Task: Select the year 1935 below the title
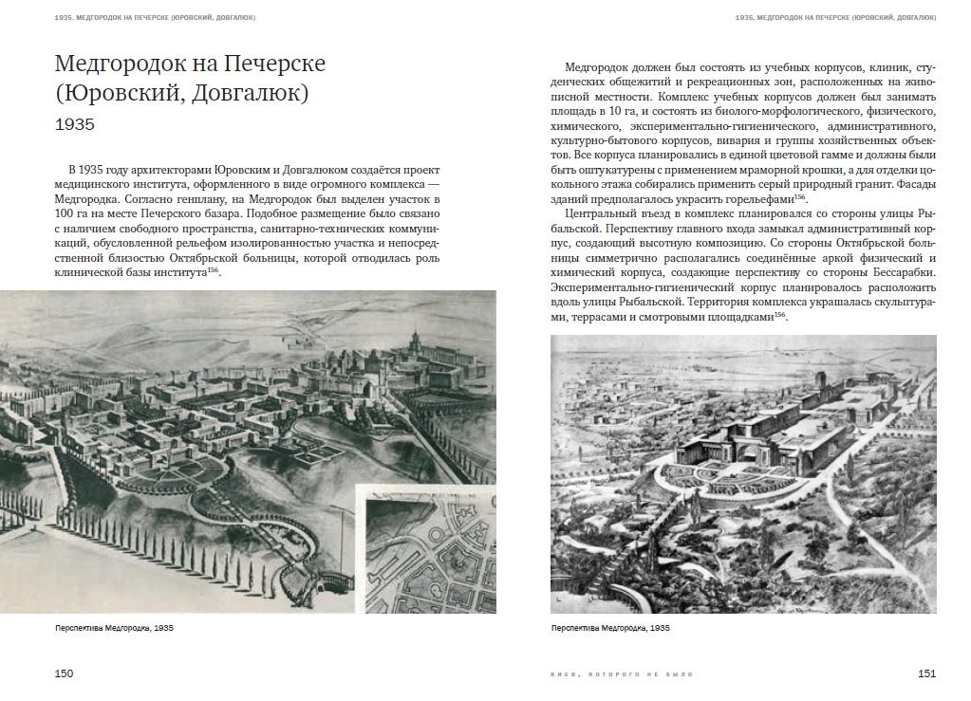(75, 124)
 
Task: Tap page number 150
(63, 673)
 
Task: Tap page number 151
(926, 673)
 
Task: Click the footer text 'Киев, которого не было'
(622, 674)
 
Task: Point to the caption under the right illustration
(610, 628)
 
